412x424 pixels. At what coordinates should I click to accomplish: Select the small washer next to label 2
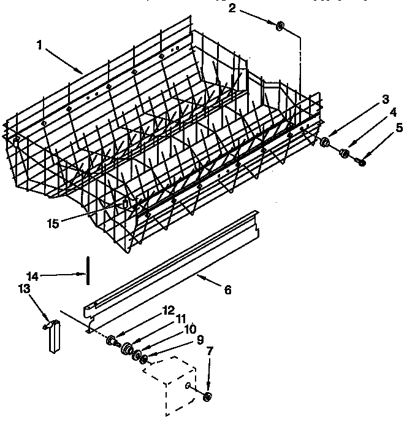280,26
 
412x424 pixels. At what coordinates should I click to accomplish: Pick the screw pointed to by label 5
361,162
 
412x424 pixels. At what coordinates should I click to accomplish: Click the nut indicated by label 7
207,396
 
